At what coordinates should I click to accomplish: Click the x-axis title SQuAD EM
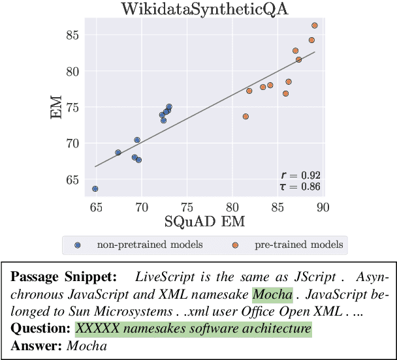tap(205, 222)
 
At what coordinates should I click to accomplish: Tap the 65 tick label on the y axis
tap(71, 180)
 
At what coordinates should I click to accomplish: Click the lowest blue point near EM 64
tap(95, 188)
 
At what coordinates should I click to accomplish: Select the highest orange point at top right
tap(315, 25)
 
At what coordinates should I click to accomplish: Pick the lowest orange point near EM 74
tap(246, 117)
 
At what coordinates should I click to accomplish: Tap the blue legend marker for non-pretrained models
tap(78, 245)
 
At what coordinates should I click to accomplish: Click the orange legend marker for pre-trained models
tap(236, 245)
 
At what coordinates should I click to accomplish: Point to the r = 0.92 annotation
tap(300, 175)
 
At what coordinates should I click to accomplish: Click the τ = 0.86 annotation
tap(300, 187)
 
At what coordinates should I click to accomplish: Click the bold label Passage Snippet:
tap(63, 276)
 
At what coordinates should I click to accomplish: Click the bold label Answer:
tap(37, 346)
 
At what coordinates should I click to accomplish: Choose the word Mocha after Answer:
tap(87, 346)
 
